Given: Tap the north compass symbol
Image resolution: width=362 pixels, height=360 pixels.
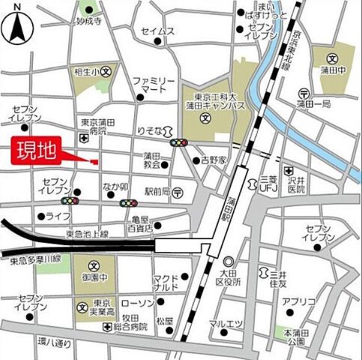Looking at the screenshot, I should click(17, 24).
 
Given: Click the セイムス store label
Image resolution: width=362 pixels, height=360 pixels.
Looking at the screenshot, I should click(157, 31).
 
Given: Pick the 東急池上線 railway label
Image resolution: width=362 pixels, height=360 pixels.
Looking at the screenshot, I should click(89, 234).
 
